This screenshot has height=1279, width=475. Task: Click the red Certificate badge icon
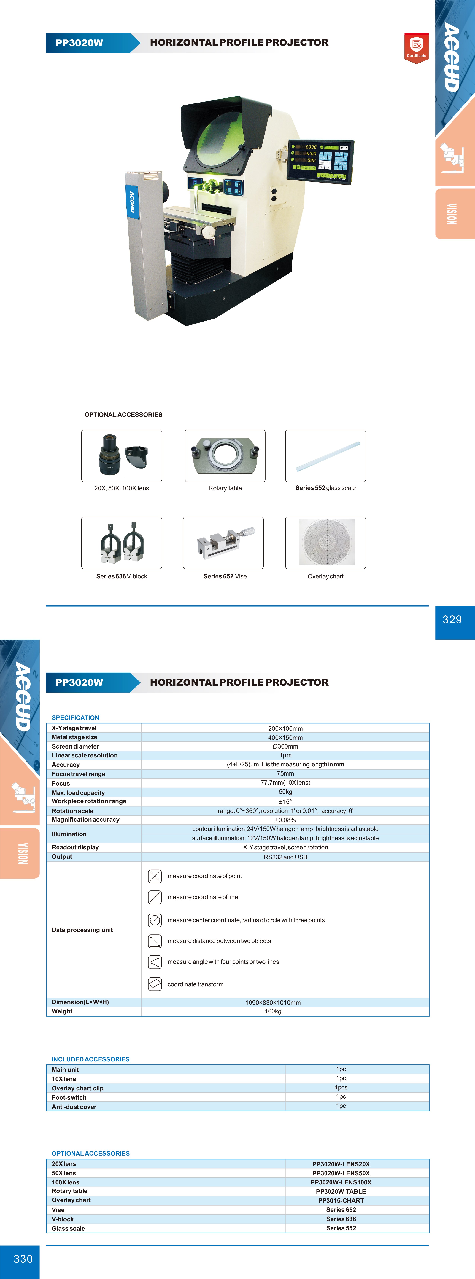416,48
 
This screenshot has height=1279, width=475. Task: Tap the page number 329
452,620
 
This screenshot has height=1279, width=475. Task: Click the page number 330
23,1259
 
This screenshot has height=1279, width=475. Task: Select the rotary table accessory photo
225,455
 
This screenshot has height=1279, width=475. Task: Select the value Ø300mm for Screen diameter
285,746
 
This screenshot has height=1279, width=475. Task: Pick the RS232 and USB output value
285,857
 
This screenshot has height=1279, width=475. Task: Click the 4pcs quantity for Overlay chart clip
341,1087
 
